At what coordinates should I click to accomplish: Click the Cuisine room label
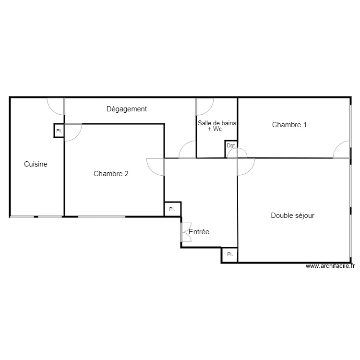click(x=36, y=164)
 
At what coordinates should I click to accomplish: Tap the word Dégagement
click(x=127, y=109)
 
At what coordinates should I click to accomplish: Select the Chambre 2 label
click(x=111, y=174)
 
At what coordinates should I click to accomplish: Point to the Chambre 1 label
click(x=289, y=125)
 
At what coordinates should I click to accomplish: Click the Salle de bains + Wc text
click(x=217, y=126)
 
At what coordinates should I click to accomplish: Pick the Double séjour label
click(x=293, y=216)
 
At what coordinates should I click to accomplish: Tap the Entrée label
click(x=199, y=232)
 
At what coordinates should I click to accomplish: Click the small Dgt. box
click(x=231, y=145)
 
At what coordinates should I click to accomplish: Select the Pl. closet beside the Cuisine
click(x=59, y=131)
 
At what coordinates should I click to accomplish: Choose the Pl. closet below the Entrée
click(x=229, y=254)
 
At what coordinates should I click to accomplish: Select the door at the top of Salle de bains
click(x=204, y=106)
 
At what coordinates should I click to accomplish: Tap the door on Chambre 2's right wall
click(x=156, y=166)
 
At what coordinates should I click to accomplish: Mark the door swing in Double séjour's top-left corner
click(x=246, y=166)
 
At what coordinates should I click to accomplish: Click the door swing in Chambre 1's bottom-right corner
click(x=342, y=150)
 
